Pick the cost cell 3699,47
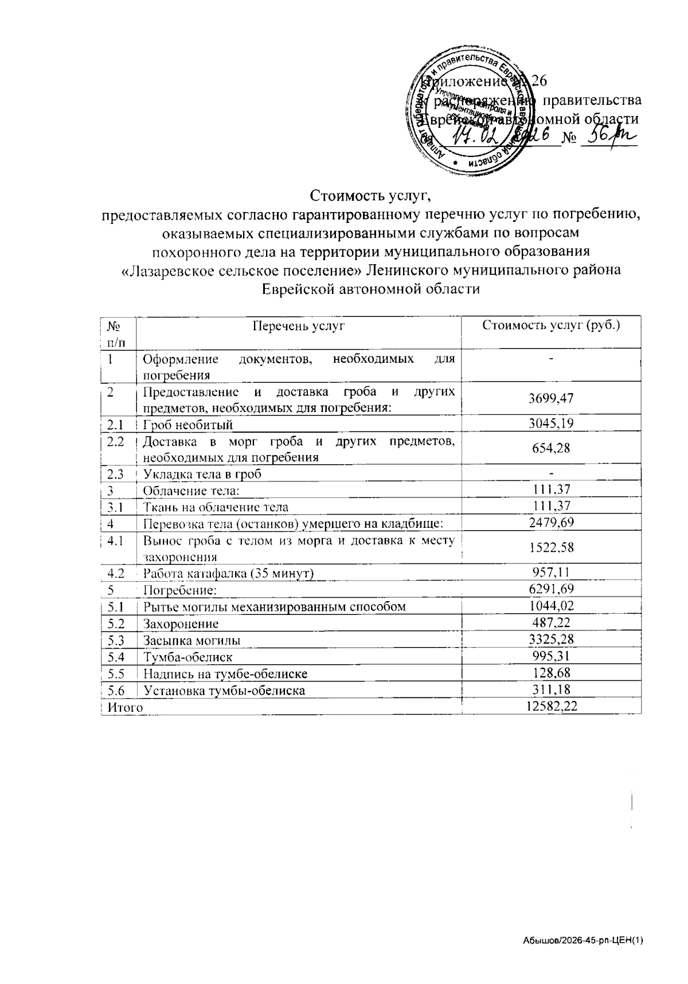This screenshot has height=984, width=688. pyautogui.click(x=551, y=398)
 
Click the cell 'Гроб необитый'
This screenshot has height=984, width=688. pyautogui.click(x=187, y=425)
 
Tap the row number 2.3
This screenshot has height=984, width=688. pyautogui.click(x=116, y=474)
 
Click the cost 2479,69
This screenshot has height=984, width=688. pyautogui.click(x=551, y=522)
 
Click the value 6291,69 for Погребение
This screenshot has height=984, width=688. pyautogui.click(x=551, y=589)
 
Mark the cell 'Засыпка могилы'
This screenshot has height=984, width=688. pyautogui.click(x=191, y=641)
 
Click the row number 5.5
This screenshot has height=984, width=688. pyautogui.click(x=116, y=674)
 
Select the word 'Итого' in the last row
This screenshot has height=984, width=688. pyautogui.click(x=125, y=708)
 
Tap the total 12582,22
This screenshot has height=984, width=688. pyautogui.click(x=551, y=706)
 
